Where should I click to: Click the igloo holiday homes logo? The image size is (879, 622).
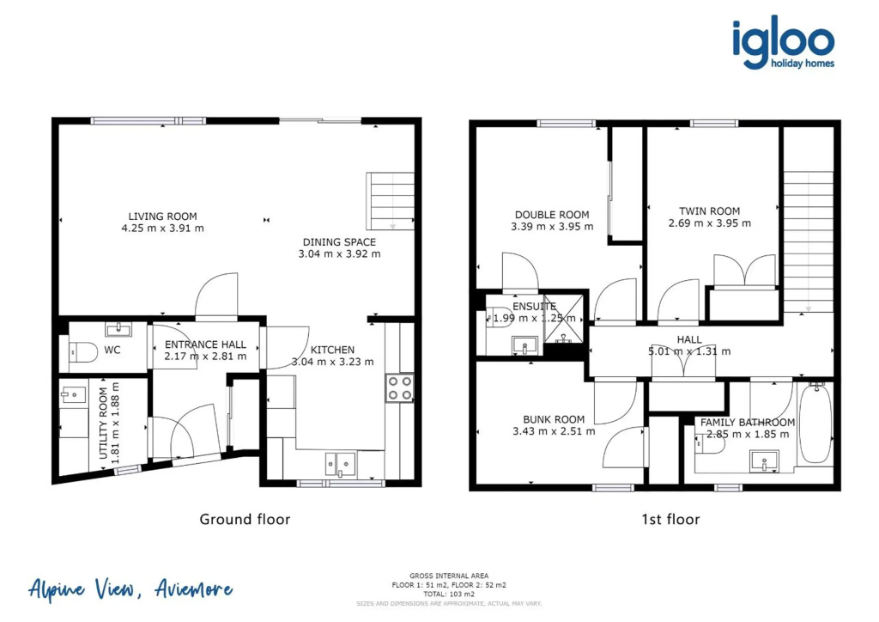coord(783,43)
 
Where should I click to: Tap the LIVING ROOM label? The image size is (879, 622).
coord(162,216)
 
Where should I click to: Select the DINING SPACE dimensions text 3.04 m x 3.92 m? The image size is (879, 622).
coord(339,254)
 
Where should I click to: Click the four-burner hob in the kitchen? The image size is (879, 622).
coord(400,387)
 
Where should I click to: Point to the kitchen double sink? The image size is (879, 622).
coord(340,464)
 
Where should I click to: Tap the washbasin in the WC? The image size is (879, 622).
coord(118,329)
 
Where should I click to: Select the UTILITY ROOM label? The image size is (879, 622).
coord(103,423)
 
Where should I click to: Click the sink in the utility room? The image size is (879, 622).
coord(73,395)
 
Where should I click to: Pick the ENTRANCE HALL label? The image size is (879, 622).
coord(205,345)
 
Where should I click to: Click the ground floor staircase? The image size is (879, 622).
coord(391,201)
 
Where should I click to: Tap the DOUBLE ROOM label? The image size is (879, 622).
coord(552,215)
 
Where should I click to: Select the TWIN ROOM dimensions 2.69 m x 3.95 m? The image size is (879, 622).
coord(710,223)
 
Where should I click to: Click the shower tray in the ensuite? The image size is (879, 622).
coord(563,319)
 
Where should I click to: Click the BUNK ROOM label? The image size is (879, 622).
coord(554,419)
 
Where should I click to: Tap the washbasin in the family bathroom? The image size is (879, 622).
coord(764,461)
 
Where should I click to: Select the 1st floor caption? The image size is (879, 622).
coord(671,520)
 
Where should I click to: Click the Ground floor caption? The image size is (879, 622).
coord(245,520)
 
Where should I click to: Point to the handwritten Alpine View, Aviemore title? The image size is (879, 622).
coord(130,589)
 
